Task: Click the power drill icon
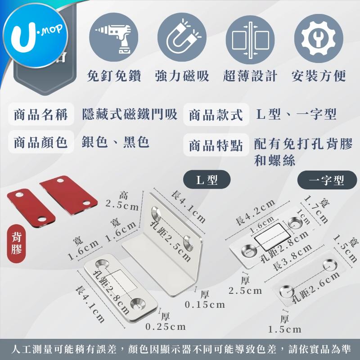pyautogui.click(x=114, y=37)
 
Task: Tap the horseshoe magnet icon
pyautogui.click(x=182, y=37)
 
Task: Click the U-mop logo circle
pyautogui.click(x=36, y=36)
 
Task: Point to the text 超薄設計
pyautogui.click(x=250, y=76)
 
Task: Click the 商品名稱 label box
pyautogui.click(x=41, y=114)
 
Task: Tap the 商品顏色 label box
pyautogui.click(x=41, y=142)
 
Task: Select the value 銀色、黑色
pyautogui.click(x=116, y=142)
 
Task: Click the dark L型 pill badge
pyautogui.click(x=207, y=180)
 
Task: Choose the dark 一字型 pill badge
pyautogui.click(x=327, y=180)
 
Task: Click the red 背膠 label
pyautogui.click(x=17, y=243)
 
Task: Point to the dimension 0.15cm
pyautogui.click(x=205, y=305)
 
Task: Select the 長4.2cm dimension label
pyautogui.click(x=255, y=212)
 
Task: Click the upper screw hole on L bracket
pyautogui.click(x=157, y=212)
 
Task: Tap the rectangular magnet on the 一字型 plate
pyautogui.click(x=272, y=237)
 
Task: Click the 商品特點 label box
pyautogui.click(x=216, y=145)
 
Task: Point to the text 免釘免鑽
pyautogui.click(x=114, y=76)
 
